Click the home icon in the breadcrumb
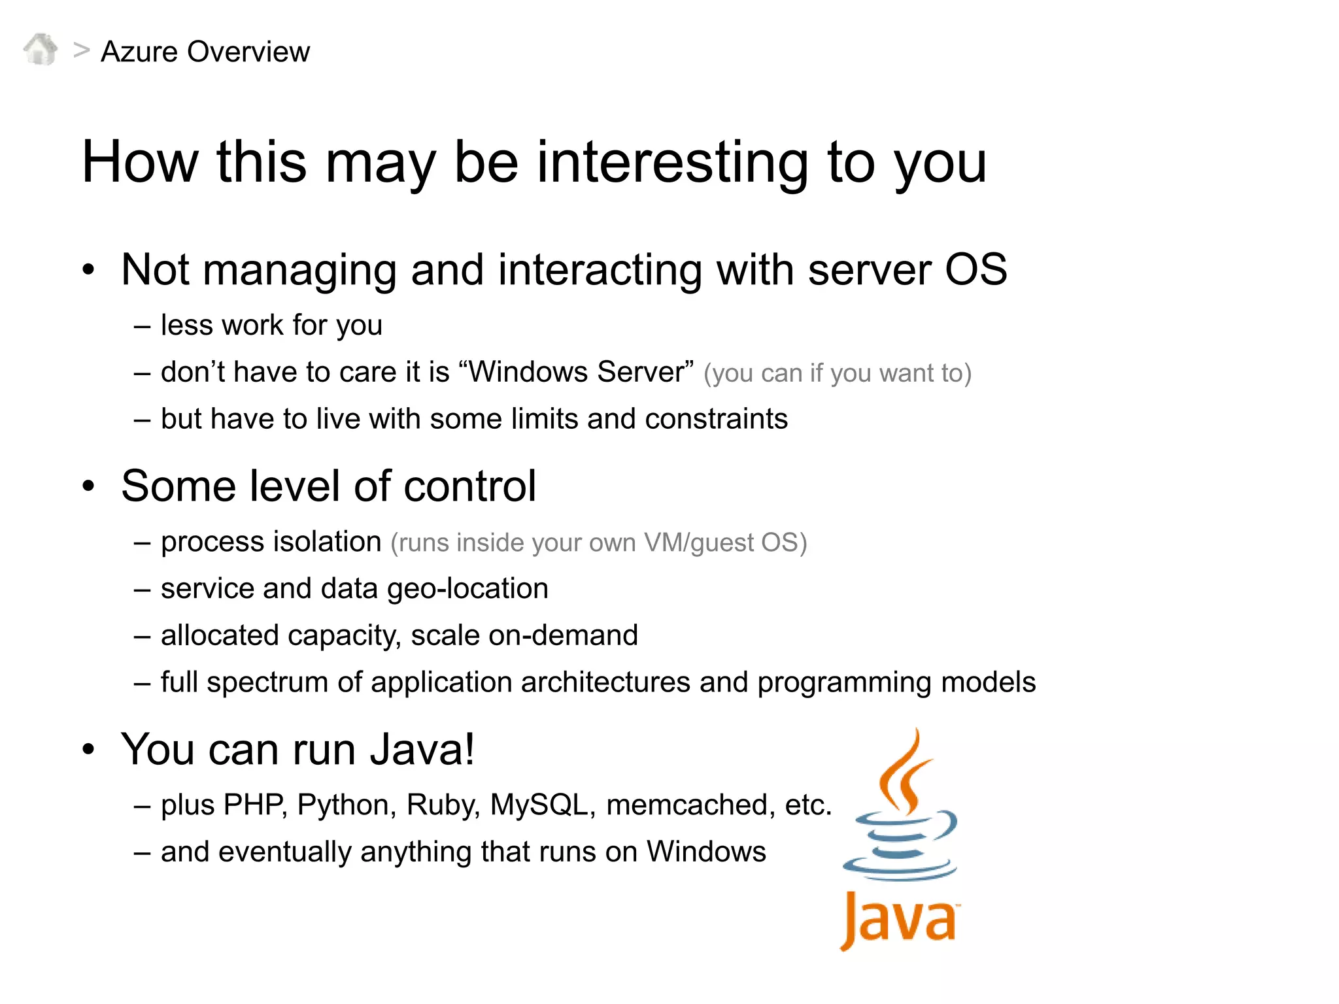point(41,50)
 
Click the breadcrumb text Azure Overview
point(205,52)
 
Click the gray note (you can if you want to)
point(838,373)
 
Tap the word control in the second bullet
point(469,486)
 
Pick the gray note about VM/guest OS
point(598,543)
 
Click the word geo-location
point(467,589)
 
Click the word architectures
point(605,682)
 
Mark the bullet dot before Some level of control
point(88,487)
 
